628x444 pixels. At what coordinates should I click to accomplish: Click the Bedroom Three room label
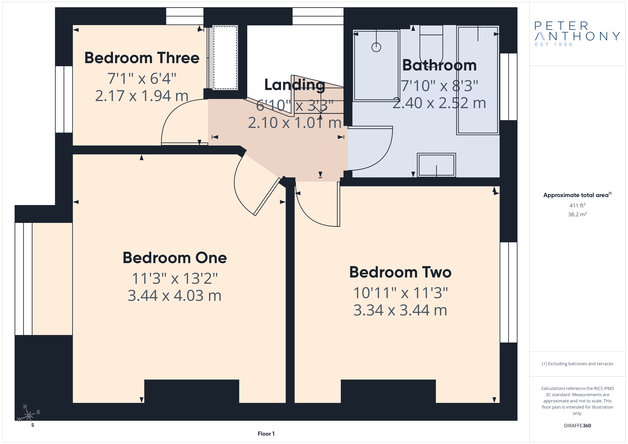(142, 58)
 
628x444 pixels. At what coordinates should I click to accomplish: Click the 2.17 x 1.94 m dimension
(142, 96)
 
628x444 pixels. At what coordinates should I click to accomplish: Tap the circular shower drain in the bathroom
(376, 47)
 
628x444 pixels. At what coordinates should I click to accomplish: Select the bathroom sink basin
(436, 165)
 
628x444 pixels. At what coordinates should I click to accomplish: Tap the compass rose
(29, 416)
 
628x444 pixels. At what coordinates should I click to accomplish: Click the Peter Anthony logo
(577, 34)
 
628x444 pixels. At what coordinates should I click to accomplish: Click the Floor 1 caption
(266, 434)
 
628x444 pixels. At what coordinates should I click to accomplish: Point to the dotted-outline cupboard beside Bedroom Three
(225, 57)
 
